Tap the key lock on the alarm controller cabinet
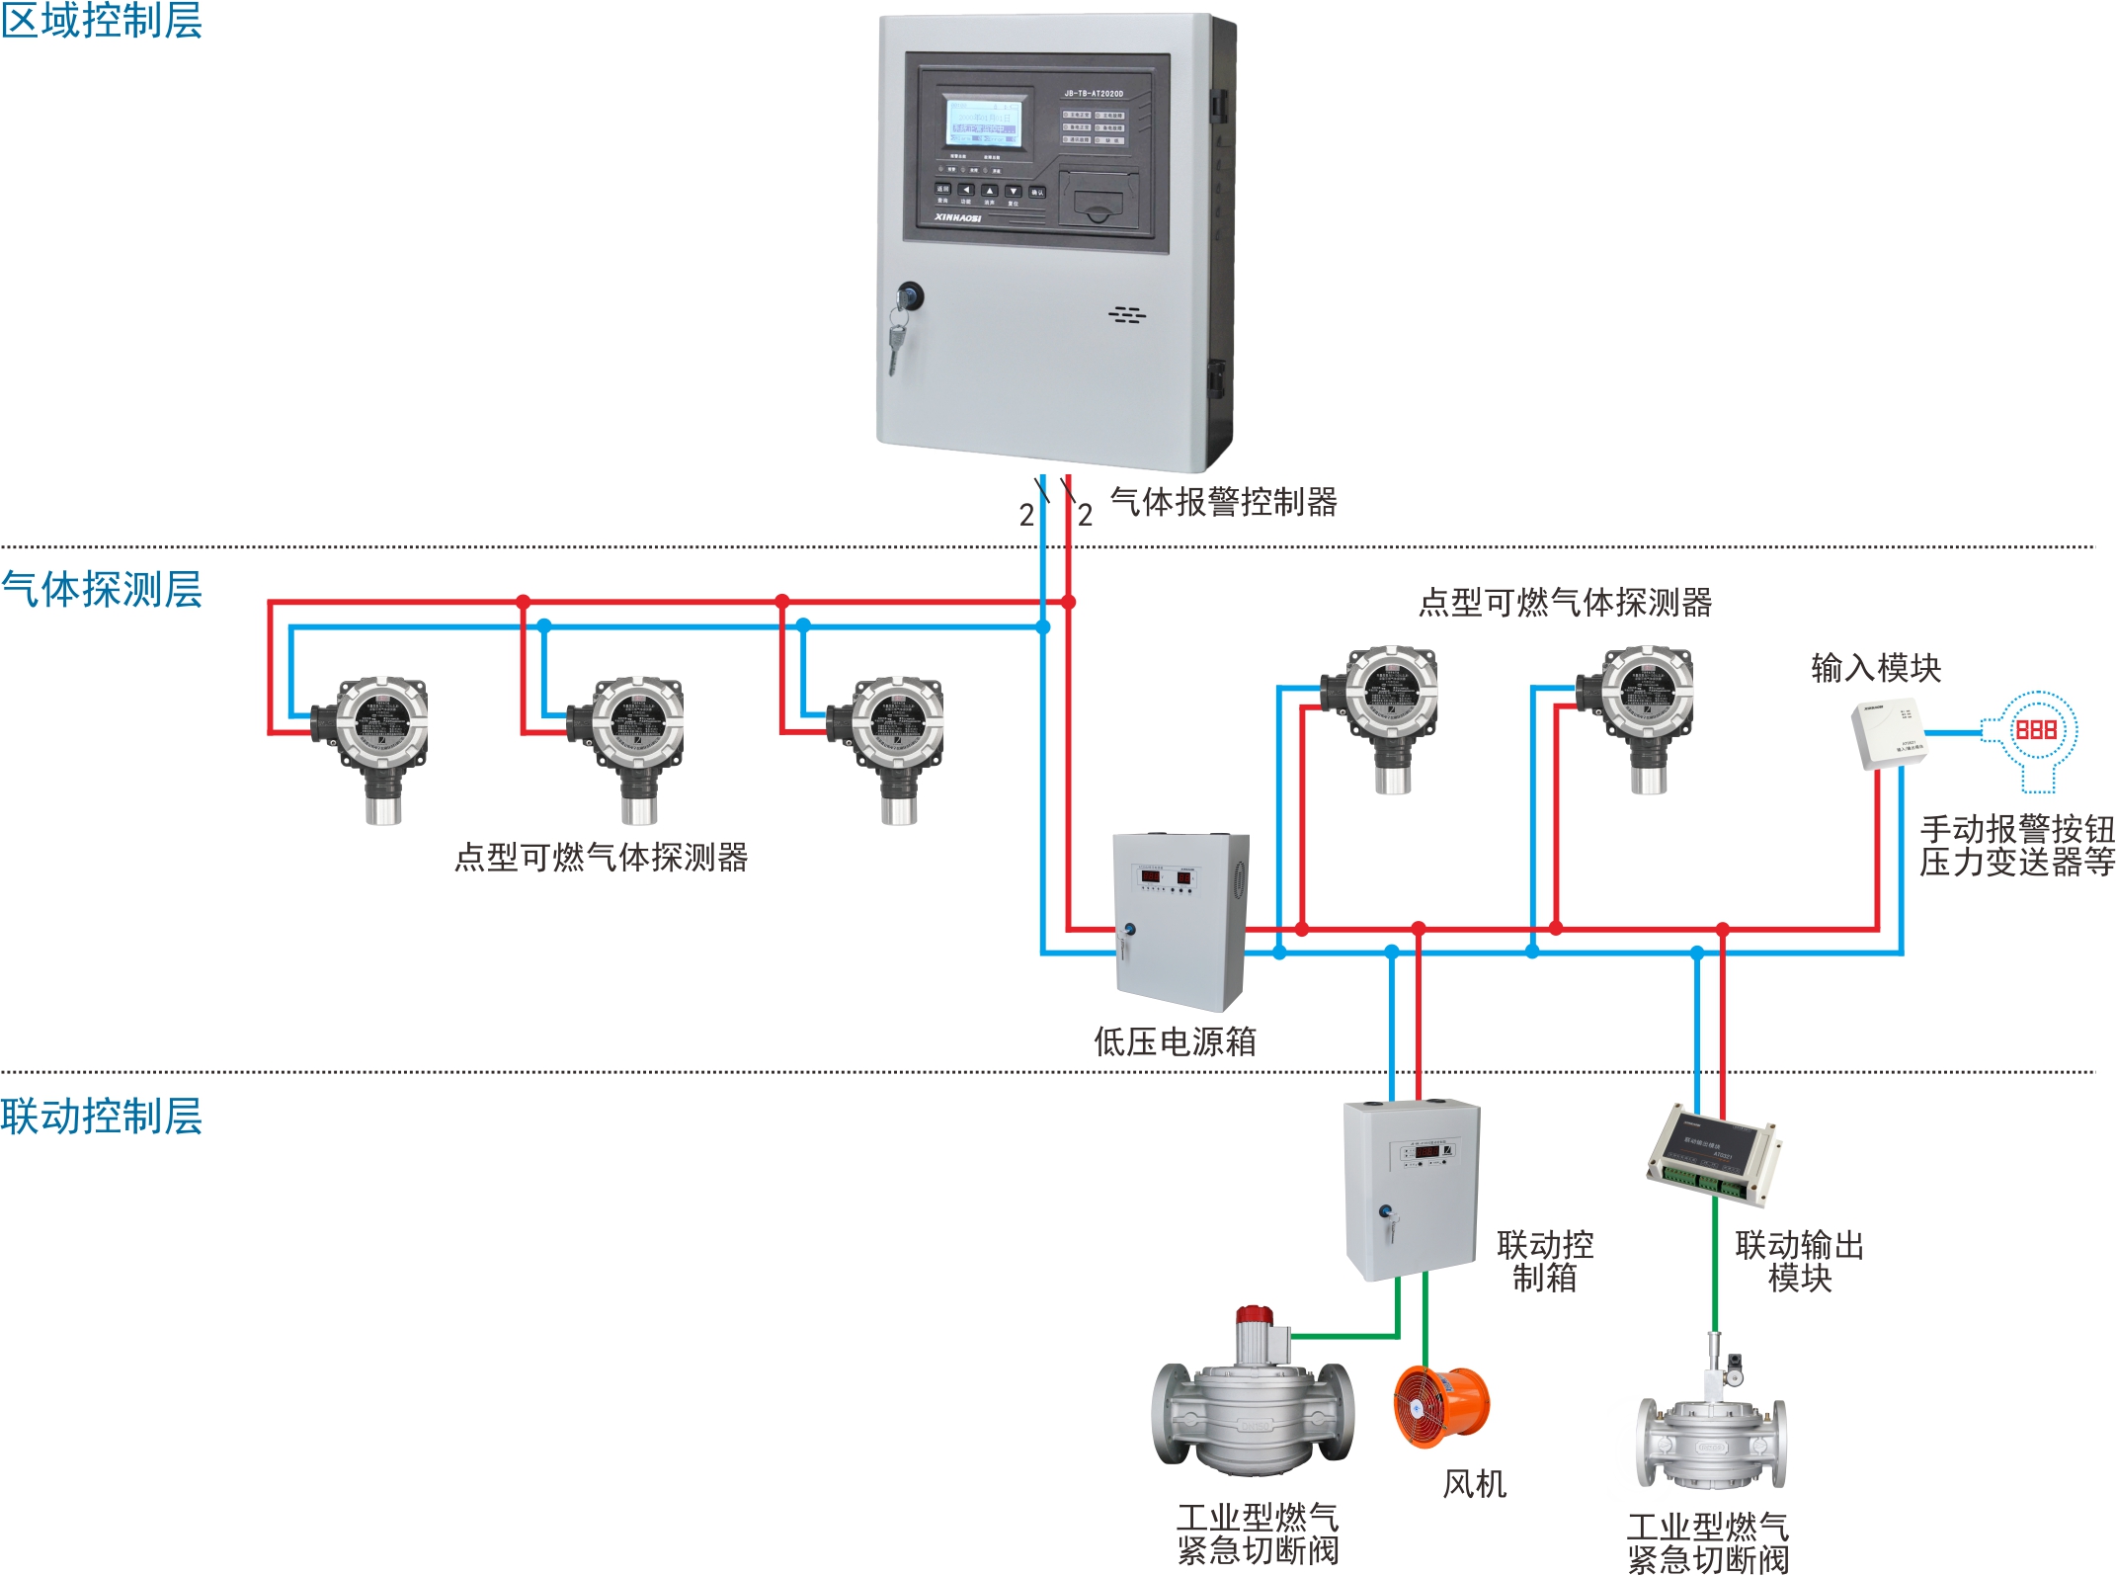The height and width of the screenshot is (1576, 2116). tap(909, 295)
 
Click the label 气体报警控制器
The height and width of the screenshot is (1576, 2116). tap(1223, 502)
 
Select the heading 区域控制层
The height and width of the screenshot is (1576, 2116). tap(101, 21)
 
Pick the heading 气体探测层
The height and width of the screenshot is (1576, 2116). tap(101, 589)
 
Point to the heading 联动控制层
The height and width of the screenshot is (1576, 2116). tap(101, 1116)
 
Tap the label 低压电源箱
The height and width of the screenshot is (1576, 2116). tap(1175, 1041)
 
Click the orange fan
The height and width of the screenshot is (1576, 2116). tap(1441, 1407)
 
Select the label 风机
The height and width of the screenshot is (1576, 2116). tap(1474, 1484)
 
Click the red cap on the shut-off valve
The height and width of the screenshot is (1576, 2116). tap(1255, 1316)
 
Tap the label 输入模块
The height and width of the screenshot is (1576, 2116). tap(1875, 668)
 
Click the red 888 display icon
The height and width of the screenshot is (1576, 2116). tap(2035, 730)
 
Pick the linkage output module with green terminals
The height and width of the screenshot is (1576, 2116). tap(1714, 1154)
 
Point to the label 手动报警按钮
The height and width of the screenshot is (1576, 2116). tap(2016, 828)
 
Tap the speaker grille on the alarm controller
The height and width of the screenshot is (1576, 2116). tap(1126, 315)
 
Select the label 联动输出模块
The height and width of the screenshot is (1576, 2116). tap(1799, 1262)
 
